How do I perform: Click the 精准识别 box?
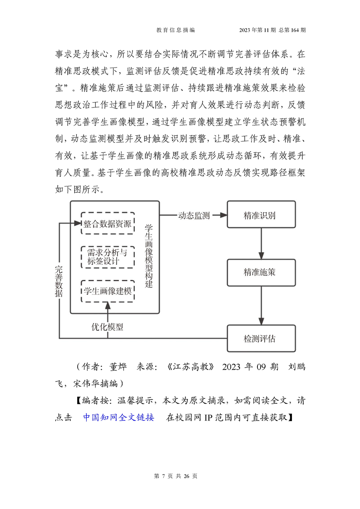(x=261, y=214)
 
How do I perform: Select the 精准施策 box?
(x=261, y=272)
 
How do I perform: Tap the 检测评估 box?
(x=261, y=338)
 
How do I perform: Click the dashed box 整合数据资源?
(x=108, y=223)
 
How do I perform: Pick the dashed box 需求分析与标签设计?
(x=108, y=257)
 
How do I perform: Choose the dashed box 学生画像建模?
(x=108, y=291)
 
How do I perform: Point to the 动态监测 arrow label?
(x=194, y=215)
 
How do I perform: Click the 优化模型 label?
(x=107, y=327)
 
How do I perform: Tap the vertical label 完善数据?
(x=59, y=281)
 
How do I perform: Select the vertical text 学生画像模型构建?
(x=149, y=256)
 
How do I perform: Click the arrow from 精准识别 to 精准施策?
(x=261, y=244)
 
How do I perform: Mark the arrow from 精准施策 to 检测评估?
(x=261, y=305)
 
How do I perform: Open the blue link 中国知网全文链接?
(x=118, y=417)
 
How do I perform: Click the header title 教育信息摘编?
(x=176, y=30)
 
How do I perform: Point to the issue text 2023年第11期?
(x=257, y=30)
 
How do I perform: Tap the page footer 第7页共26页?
(x=176, y=476)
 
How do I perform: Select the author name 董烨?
(x=118, y=367)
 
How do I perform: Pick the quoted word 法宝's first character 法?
(x=301, y=71)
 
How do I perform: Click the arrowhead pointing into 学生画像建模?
(x=108, y=305)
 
